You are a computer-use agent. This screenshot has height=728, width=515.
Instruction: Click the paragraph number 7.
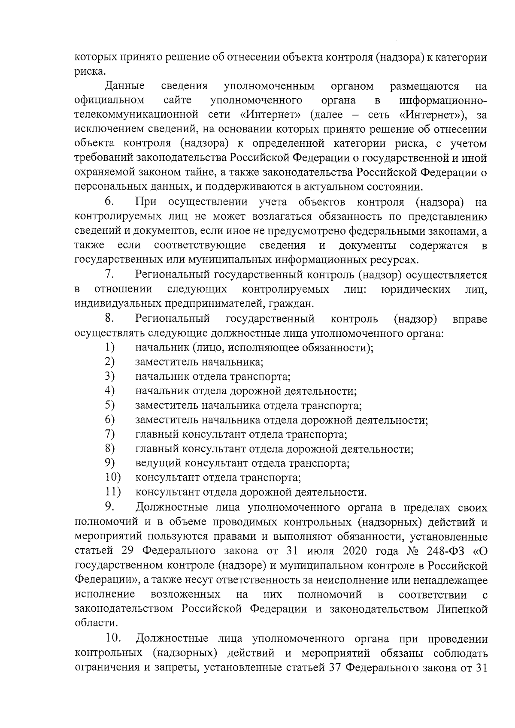109,274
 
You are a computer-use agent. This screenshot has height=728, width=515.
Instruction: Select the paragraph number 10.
113,638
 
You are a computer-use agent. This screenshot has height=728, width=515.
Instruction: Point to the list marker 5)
110,405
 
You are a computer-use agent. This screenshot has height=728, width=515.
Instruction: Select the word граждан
295,304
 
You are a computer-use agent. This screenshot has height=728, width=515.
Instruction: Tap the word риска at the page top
88,72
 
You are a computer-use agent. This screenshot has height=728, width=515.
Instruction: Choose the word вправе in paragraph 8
470,319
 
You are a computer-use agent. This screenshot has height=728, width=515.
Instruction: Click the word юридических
415,289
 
